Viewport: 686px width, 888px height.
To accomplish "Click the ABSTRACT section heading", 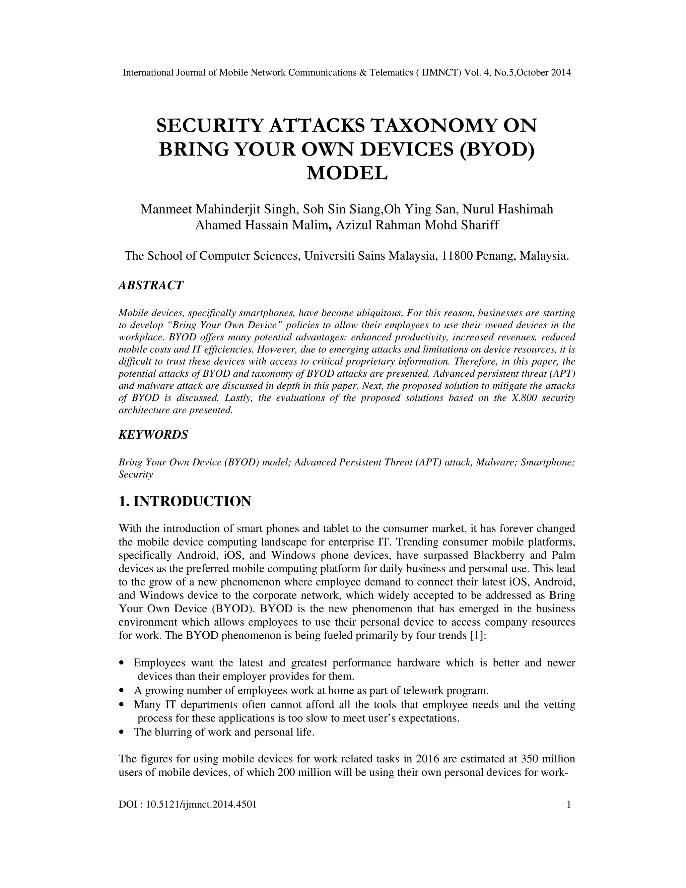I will tap(151, 285).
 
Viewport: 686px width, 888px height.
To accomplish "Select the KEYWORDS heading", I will tap(153, 435).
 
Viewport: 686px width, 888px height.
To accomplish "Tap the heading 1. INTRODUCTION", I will tap(185, 501).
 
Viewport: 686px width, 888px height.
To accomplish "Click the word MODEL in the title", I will tap(347, 173).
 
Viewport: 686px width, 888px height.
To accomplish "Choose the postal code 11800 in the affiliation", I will tap(457, 256).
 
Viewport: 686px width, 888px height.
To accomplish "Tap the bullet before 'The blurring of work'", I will tap(122, 732).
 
